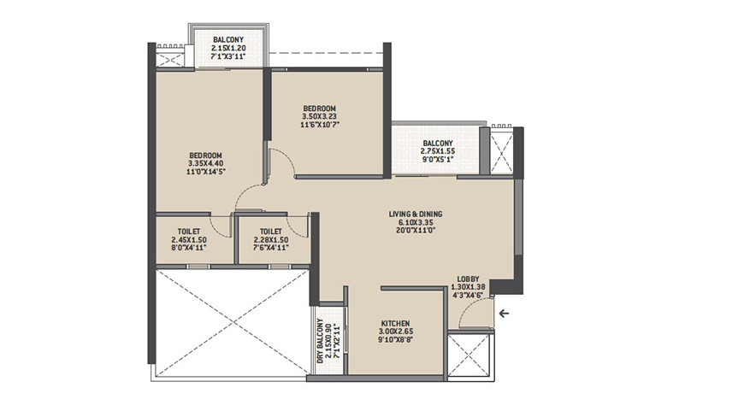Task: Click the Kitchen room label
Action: click(x=395, y=324)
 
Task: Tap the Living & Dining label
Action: click(x=415, y=214)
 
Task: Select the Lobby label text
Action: click(x=468, y=279)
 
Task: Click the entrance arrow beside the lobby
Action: click(x=504, y=314)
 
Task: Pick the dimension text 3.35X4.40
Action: click(x=206, y=163)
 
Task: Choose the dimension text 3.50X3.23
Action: click(x=319, y=117)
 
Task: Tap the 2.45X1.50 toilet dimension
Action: click(x=188, y=240)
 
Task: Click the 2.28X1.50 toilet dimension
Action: click(x=271, y=240)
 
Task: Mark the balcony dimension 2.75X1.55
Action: click(x=438, y=151)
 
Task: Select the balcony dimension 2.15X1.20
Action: click(x=228, y=48)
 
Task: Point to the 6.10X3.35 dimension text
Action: click(x=415, y=222)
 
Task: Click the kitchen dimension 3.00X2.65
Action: click(x=396, y=332)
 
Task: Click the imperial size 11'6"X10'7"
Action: click(x=319, y=125)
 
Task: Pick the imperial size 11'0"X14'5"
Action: click(x=206, y=172)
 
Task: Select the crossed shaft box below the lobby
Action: click(x=469, y=355)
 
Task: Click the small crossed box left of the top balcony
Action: click(x=170, y=59)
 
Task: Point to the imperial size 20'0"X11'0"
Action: click(x=415, y=231)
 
